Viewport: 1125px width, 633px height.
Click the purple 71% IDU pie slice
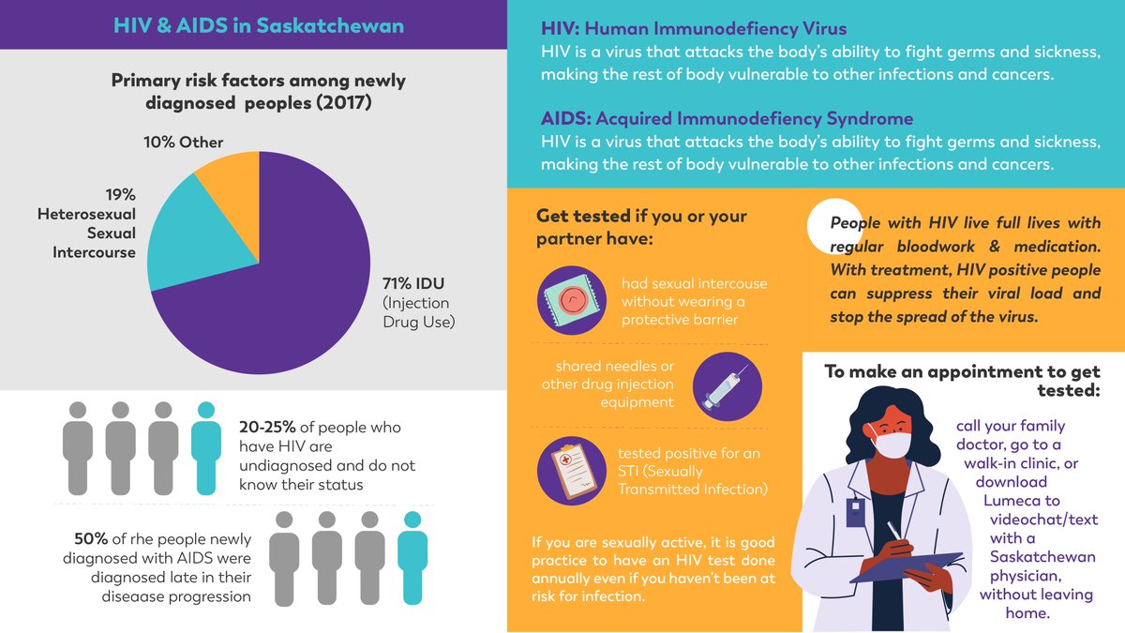281,281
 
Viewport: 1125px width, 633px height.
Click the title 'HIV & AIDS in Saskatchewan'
259,25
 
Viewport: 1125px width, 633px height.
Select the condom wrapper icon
571,301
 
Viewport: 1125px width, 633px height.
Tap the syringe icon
727,385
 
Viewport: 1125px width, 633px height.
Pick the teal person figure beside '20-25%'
206,447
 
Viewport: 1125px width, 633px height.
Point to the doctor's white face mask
891,442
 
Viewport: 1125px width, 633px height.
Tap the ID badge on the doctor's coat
854,511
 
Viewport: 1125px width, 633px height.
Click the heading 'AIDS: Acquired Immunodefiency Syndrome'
727,119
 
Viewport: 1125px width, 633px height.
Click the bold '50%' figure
91,539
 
